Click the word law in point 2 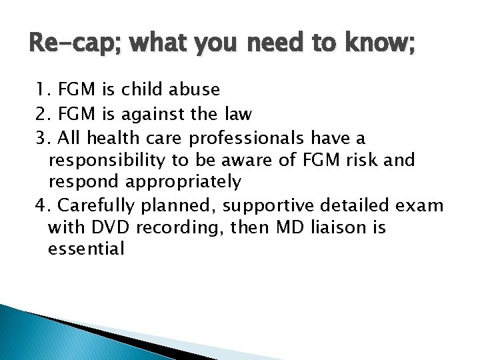(237, 114)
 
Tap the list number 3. (43, 138)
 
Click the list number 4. (43, 205)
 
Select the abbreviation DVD (106, 227)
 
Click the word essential (87, 249)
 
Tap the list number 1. (42, 90)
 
